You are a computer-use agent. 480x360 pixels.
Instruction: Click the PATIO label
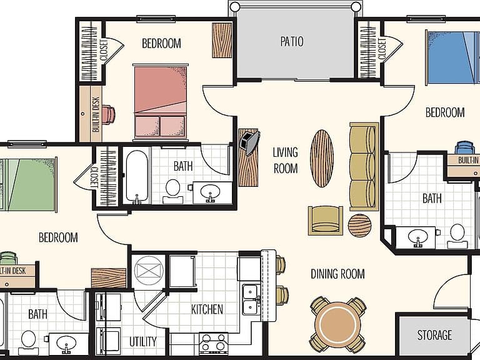click(292, 42)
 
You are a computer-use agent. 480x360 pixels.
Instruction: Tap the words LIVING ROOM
click(285, 160)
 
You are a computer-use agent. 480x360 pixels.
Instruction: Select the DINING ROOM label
click(337, 274)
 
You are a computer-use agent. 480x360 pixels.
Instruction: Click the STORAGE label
click(434, 335)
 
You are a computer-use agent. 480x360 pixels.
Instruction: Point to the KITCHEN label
click(207, 309)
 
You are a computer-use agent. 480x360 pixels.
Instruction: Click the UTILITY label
click(143, 342)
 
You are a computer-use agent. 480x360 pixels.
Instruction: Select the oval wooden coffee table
click(322, 158)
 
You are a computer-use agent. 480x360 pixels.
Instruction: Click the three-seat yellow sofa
click(364, 166)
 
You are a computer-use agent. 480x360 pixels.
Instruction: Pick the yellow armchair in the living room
click(325, 221)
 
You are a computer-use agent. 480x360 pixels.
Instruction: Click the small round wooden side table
click(360, 225)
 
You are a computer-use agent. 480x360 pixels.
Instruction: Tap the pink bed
click(160, 102)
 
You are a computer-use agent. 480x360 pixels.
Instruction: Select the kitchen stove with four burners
click(213, 342)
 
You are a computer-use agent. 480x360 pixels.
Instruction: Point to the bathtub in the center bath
click(137, 176)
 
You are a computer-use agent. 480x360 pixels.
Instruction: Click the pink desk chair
click(108, 114)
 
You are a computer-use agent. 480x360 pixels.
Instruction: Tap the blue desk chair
click(464, 147)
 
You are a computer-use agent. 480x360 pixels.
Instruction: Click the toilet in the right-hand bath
click(457, 236)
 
